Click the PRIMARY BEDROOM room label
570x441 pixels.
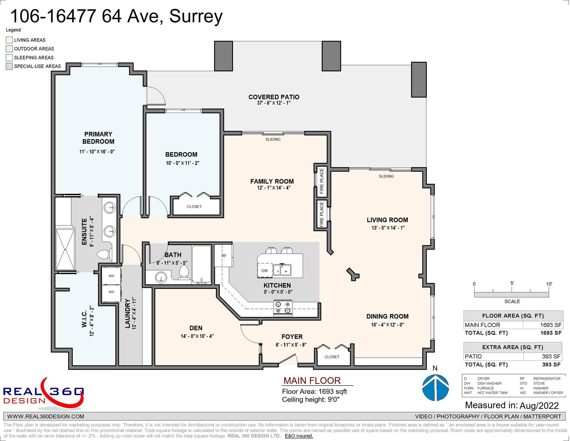(x=98, y=138)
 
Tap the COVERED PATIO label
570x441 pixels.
(x=274, y=97)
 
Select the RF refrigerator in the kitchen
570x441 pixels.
(x=223, y=256)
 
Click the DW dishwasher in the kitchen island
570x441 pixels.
(x=264, y=271)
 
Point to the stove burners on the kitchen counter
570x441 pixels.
(x=283, y=307)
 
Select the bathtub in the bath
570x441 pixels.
(x=201, y=265)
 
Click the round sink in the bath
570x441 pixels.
(x=161, y=277)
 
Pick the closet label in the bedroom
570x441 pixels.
(x=194, y=207)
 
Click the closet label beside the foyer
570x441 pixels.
(x=332, y=357)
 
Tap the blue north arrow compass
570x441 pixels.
(x=435, y=388)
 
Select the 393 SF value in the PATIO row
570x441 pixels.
(x=551, y=357)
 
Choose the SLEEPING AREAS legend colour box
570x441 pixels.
(x=9, y=58)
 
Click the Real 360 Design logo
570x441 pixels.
(x=43, y=394)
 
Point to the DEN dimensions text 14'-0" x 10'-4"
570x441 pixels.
(x=197, y=336)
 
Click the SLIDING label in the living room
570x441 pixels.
(x=386, y=176)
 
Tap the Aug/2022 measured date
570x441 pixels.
(x=539, y=406)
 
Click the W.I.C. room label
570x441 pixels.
(x=84, y=319)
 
